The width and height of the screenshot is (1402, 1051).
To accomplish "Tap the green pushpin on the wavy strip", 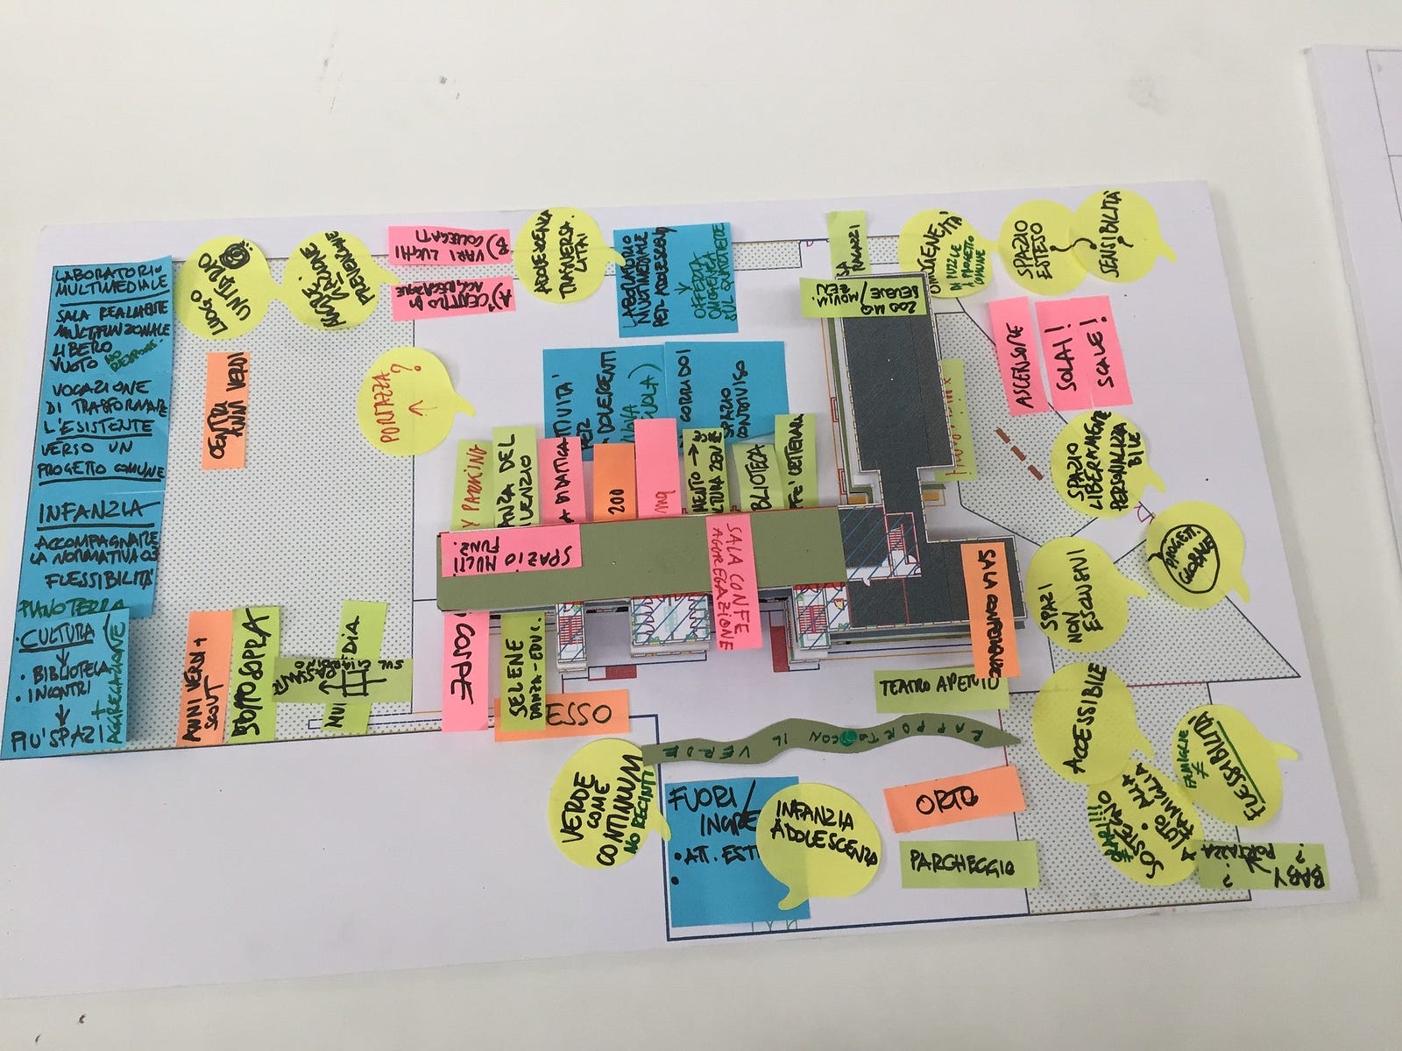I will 847,741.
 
